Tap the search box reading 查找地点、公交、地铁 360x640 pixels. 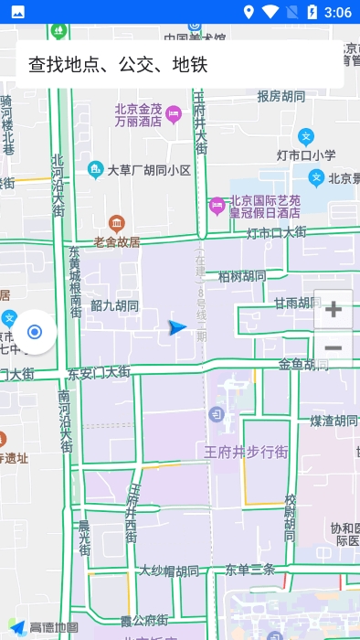(179, 64)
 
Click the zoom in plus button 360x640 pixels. (334, 309)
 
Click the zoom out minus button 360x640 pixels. (334, 348)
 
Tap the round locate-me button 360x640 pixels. (35, 332)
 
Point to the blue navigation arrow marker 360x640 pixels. (177, 327)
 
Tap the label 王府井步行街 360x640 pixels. (246, 452)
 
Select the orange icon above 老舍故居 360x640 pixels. (116, 223)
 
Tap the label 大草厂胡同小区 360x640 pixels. (149, 170)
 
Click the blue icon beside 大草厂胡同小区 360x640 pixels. (95, 169)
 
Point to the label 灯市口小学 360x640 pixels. (306, 155)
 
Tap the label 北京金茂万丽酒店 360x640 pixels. (138, 113)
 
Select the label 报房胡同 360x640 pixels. (281, 96)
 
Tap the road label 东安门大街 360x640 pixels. (99, 372)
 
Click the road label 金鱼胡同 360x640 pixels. (303, 365)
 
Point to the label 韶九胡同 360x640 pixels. (114, 305)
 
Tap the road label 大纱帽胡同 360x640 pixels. (169, 571)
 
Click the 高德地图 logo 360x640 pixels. (43, 628)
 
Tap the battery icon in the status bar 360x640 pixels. (312, 12)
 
